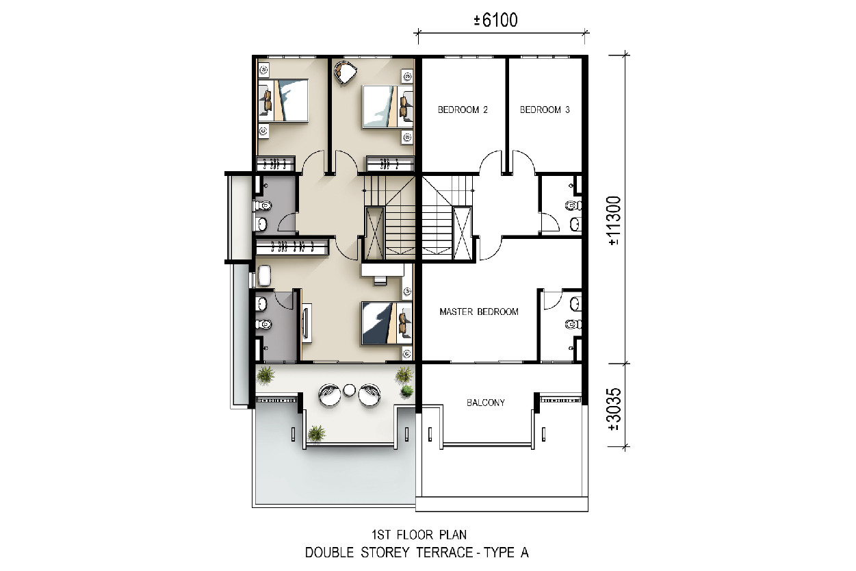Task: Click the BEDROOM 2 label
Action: click(x=463, y=110)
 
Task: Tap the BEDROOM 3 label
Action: click(x=545, y=110)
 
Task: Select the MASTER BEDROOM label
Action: click(x=479, y=312)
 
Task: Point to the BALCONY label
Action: click(x=486, y=403)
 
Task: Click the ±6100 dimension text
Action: click(x=495, y=21)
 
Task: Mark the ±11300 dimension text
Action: click(x=614, y=220)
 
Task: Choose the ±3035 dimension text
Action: click(x=614, y=409)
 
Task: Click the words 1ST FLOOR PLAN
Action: click(x=419, y=534)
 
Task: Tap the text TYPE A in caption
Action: click(x=506, y=553)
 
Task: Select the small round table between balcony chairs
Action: click(x=349, y=390)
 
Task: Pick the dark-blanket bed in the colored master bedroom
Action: click(x=387, y=323)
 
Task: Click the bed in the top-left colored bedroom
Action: click(x=283, y=101)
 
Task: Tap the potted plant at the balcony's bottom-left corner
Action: click(x=316, y=433)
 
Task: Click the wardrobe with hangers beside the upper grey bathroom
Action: click(x=292, y=246)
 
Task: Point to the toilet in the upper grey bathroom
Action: click(x=262, y=207)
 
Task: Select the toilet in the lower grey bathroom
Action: click(x=262, y=325)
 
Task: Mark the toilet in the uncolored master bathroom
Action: click(x=573, y=325)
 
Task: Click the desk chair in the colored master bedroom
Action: click(x=380, y=280)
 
